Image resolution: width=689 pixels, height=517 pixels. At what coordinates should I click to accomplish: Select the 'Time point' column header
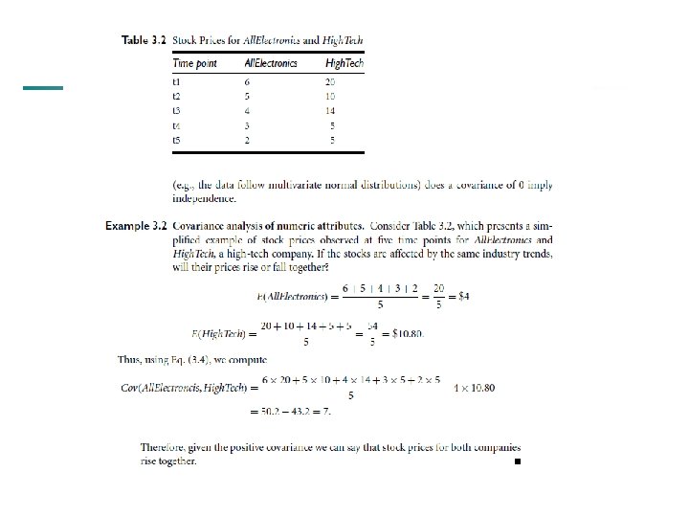pyautogui.click(x=194, y=64)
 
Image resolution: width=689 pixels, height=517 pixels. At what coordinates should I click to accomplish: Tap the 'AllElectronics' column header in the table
pyautogui.click(x=271, y=64)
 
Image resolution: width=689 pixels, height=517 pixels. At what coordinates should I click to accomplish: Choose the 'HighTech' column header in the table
pyautogui.click(x=344, y=64)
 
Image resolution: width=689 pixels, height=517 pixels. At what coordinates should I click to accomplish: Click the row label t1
pyautogui.click(x=176, y=82)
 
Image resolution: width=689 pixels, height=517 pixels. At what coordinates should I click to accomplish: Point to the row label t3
pyautogui.click(x=176, y=111)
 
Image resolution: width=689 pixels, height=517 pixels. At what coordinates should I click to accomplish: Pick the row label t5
pyautogui.click(x=176, y=140)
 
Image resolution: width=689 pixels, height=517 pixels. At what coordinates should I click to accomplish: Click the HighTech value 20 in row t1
pyautogui.click(x=330, y=82)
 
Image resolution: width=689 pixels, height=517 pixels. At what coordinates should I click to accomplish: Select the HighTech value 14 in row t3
pyautogui.click(x=330, y=111)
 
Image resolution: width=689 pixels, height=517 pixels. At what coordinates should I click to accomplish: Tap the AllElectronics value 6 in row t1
pyautogui.click(x=248, y=82)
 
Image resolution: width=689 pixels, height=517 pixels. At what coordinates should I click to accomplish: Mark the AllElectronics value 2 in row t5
pyautogui.click(x=248, y=140)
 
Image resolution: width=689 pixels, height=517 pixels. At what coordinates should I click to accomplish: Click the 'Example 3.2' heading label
pyautogui.click(x=137, y=226)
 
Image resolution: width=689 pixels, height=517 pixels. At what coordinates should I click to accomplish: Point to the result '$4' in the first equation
pyautogui.click(x=463, y=296)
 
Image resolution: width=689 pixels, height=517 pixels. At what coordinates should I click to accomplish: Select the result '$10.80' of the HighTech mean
pyautogui.click(x=407, y=333)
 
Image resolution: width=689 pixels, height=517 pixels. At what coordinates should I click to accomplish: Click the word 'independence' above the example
pyautogui.click(x=203, y=198)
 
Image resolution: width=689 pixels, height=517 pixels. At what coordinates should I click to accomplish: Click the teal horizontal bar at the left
pyautogui.click(x=42, y=88)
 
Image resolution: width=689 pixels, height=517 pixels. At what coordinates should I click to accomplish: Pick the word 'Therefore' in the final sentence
pyautogui.click(x=163, y=447)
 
